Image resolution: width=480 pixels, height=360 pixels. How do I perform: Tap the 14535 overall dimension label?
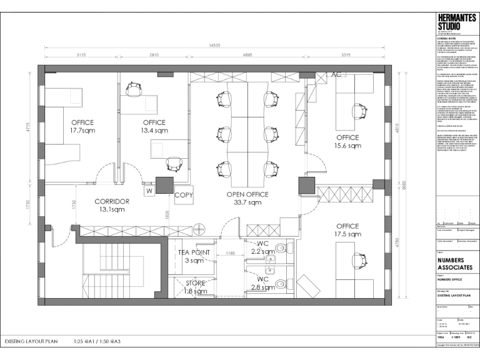click(216, 46)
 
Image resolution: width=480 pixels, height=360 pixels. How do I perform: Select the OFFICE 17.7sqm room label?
click(82, 126)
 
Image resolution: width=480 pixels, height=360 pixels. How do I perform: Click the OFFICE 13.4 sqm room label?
click(154, 126)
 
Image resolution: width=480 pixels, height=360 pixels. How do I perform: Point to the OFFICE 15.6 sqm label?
click(347, 141)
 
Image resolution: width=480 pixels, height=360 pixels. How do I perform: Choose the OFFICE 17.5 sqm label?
click(347, 230)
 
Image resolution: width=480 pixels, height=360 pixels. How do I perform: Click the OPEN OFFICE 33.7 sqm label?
click(247, 198)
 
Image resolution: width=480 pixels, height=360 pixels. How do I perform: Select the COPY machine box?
click(184, 194)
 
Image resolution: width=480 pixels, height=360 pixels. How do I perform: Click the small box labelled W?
click(149, 191)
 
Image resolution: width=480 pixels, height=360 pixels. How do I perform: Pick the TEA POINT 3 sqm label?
click(193, 256)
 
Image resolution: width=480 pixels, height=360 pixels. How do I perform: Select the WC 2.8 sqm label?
click(262, 283)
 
